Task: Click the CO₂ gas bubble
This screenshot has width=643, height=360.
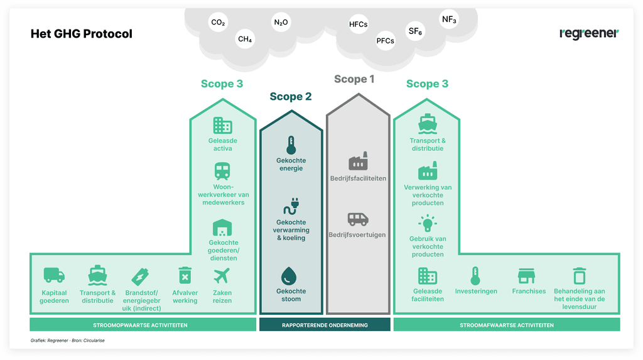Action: tap(218, 23)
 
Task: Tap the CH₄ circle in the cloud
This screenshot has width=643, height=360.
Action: tap(245, 40)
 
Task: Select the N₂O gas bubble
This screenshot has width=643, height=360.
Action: tap(281, 23)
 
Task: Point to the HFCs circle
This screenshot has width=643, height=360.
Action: tap(358, 25)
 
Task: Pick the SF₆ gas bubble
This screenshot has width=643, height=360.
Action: tap(414, 31)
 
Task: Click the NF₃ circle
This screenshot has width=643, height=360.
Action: tap(449, 19)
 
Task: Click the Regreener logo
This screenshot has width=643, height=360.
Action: tap(588, 33)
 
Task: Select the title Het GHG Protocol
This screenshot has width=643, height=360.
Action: tap(82, 34)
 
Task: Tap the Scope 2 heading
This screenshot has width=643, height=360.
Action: tap(291, 97)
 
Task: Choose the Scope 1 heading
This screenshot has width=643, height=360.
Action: tap(354, 79)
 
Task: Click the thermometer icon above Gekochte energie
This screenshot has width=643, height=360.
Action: tap(291, 145)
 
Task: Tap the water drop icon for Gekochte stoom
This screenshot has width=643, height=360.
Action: tap(291, 275)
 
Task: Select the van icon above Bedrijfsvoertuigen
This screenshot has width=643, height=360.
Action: tap(358, 219)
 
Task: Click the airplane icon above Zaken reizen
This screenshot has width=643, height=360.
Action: tap(222, 275)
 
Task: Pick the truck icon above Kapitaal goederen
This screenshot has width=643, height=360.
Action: tap(54, 275)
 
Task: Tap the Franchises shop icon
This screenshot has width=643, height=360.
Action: tap(526, 275)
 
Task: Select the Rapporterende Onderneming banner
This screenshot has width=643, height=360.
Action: tap(325, 325)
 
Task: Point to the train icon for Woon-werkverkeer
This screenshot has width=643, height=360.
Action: tap(222, 171)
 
